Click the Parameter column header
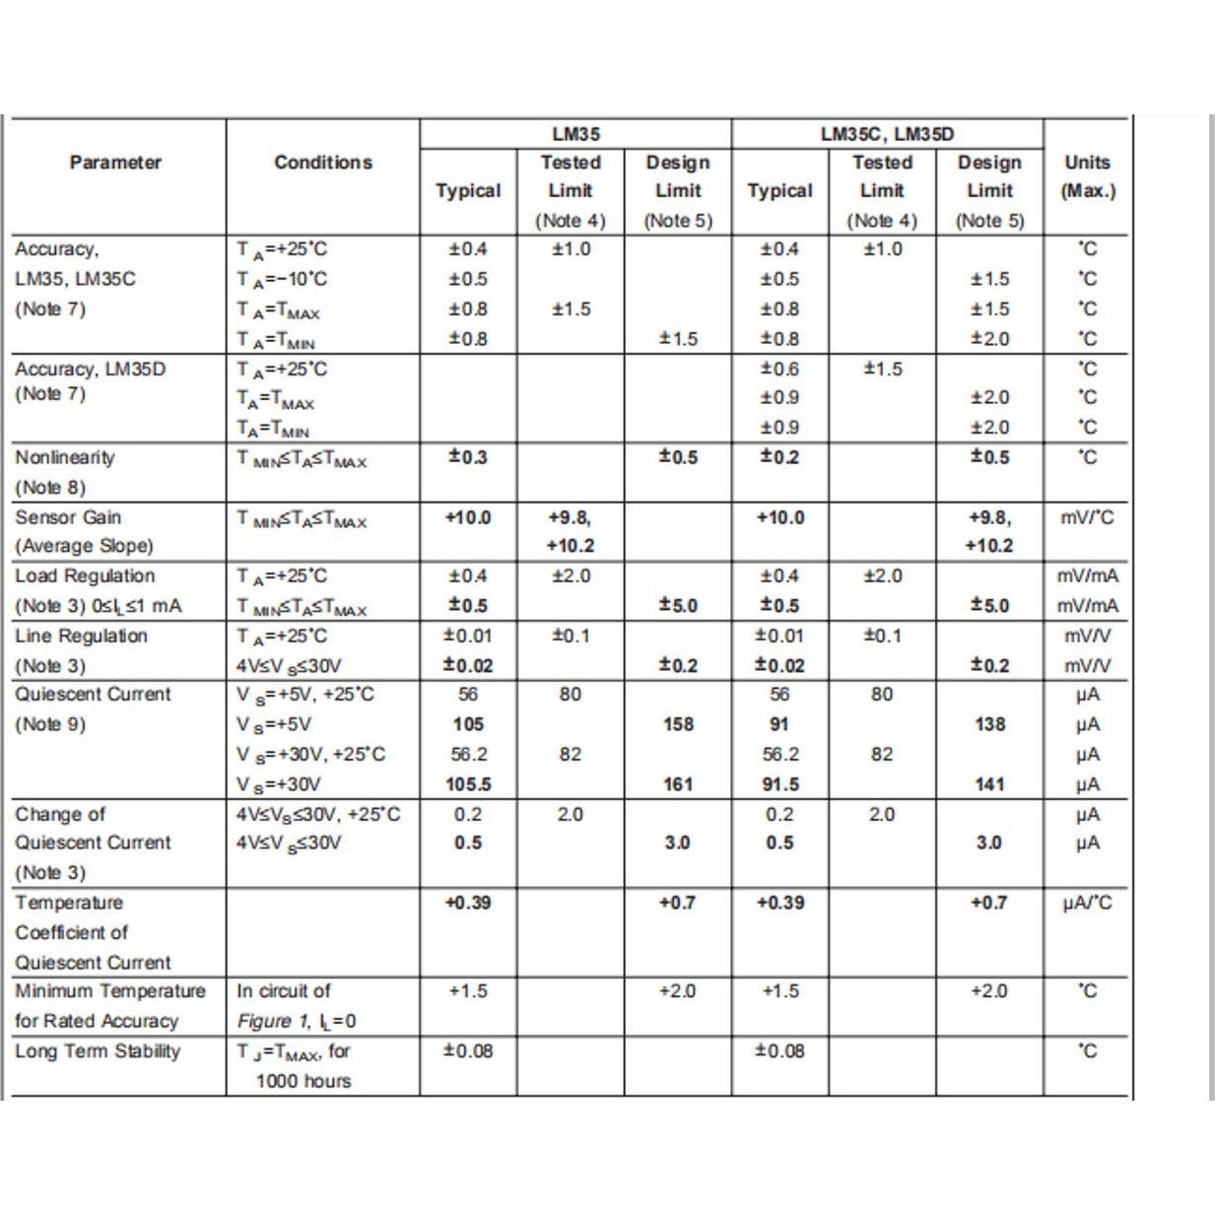[x=115, y=163]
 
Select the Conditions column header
[x=323, y=163]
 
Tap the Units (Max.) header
[x=1087, y=176]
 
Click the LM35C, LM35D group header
[x=887, y=134]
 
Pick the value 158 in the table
[x=678, y=724]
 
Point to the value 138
[x=989, y=724]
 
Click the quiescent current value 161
[x=678, y=784]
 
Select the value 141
[x=989, y=784]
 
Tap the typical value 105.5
[x=468, y=784]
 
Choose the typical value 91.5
[x=779, y=784]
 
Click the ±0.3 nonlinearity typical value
[x=468, y=457]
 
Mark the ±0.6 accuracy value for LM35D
[x=779, y=369]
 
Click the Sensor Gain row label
[x=68, y=517]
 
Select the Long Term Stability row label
[x=98, y=1051]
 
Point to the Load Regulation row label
[x=85, y=576]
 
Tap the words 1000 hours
[x=303, y=1081]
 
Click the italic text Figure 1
[x=265, y=1022]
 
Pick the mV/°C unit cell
[x=1087, y=517]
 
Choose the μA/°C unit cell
[x=1087, y=903]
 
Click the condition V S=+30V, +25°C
[x=310, y=755]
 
